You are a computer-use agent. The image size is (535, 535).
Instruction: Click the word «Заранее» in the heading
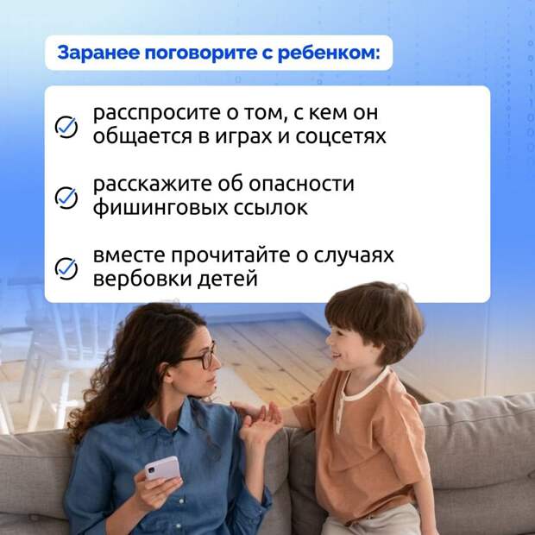[x=98, y=53]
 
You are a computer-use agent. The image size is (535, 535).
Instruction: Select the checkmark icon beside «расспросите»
[x=66, y=127]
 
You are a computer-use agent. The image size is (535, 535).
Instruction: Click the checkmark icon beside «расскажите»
[x=66, y=198]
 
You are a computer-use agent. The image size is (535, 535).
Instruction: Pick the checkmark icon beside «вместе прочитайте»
[x=66, y=268]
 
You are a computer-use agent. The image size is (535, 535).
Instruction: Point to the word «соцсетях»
[x=341, y=136]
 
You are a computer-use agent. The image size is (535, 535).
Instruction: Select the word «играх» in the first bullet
[x=242, y=137]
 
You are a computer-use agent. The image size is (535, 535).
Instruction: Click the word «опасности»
[x=302, y=184]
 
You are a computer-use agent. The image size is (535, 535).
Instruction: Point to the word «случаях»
[x=354, y=256]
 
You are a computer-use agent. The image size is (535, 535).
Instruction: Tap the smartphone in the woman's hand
[x=162, y=469]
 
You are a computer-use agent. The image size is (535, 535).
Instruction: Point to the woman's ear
[x=168, y=372]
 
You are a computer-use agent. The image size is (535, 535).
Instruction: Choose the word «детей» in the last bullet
[x=228, y=279]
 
